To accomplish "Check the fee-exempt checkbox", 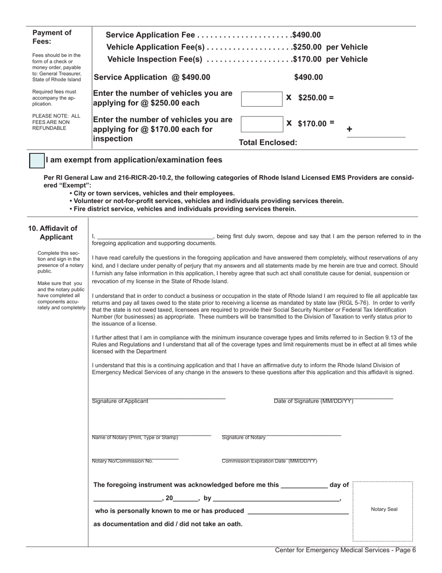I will pyautogui.click(x=37, y=160).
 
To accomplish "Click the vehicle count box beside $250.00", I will pyautogui.click(x=261, y=98).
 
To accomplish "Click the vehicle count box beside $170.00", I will pyautogui.click(x=261, y=124).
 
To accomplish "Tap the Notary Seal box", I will pyautogui.click(x=383, y=511).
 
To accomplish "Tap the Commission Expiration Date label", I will pyautogui.click(x=269, y=461).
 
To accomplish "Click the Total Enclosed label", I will pyautogui.click(x=268, y=143).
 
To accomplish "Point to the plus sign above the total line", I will pyautogui.click(x=349, y=130).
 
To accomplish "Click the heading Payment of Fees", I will pyautogui.click(x=52, y=37).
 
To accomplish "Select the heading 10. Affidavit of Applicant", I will pyautogui.click(x=53, y=232).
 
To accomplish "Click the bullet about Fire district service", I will pyautogui.click(x=182, y=209).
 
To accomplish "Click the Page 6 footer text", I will pyautogui.click(x=345, y=550).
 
